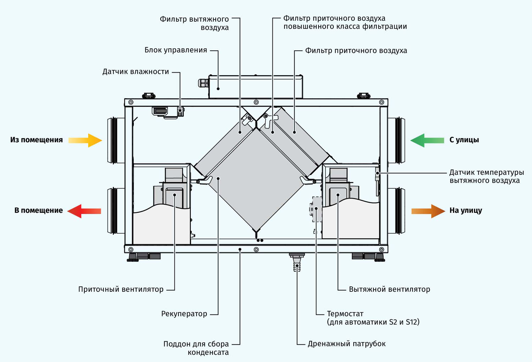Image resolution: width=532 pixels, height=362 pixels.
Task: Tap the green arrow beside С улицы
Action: point(427,140)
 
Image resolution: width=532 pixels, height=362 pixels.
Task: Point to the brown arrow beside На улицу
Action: point(428,211)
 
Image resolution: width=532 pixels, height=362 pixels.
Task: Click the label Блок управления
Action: point(176,50)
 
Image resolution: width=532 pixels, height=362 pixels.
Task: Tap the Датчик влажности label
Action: point(135,72)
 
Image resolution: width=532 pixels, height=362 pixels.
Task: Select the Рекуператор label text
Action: point(184,314)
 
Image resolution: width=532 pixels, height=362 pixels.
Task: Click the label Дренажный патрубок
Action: point(347,344)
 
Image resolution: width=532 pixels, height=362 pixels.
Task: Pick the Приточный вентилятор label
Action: point(121,289)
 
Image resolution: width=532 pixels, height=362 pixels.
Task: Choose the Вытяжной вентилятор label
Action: point(389,289)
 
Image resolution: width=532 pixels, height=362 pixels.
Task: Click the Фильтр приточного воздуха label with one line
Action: point(356,51)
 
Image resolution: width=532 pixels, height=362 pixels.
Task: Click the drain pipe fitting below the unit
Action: point(297,262)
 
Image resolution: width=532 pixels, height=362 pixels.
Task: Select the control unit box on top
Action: point(255,87)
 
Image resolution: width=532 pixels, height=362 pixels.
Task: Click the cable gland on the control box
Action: point(203,83)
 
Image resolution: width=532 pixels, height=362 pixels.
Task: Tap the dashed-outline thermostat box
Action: point(317,209)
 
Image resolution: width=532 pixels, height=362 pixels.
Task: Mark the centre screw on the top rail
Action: point(256,102)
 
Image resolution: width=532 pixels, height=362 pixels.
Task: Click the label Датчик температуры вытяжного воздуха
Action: point(486,176)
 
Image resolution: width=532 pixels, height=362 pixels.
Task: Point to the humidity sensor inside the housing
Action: point(180,111)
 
